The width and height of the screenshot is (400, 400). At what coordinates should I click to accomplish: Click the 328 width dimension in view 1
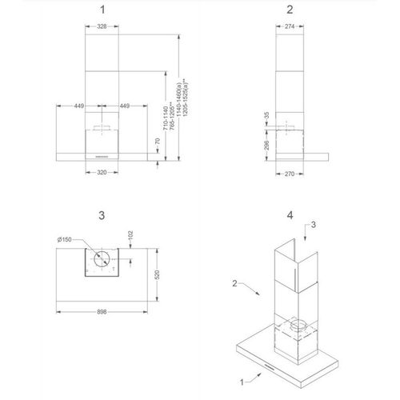pyautogui.click(x=102, y=26)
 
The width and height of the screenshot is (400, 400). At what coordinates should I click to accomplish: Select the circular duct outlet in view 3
pyautogui.click(x=102, y=259)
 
